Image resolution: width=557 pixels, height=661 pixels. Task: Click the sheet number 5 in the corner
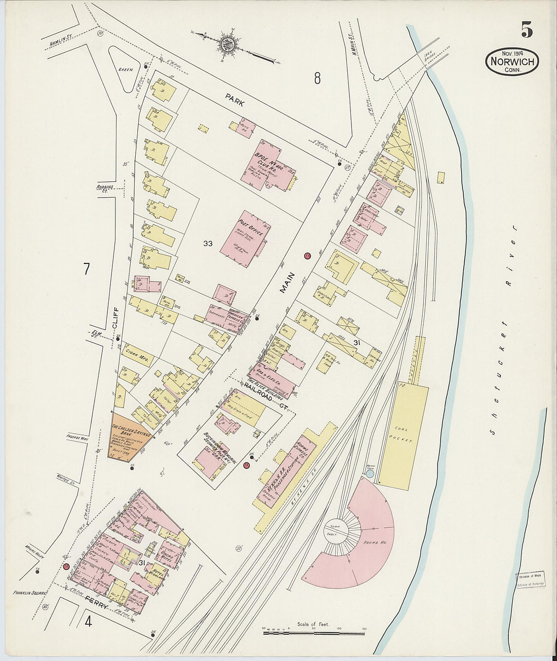point(527,30)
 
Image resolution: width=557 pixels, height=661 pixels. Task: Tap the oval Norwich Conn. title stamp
point(512,62)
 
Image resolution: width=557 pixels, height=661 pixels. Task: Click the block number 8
point(317,79)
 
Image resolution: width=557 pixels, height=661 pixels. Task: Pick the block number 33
point(208,244)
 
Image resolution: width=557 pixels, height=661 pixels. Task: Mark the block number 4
point(88,620)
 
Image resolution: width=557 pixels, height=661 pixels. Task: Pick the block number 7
point(87,269)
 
